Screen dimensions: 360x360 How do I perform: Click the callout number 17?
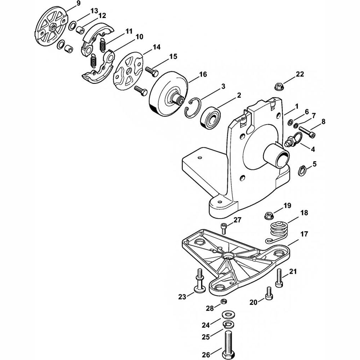tap(304, 234)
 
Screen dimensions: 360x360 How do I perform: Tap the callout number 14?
tap(156, 47)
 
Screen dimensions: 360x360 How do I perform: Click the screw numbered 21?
tap(279, 278)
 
